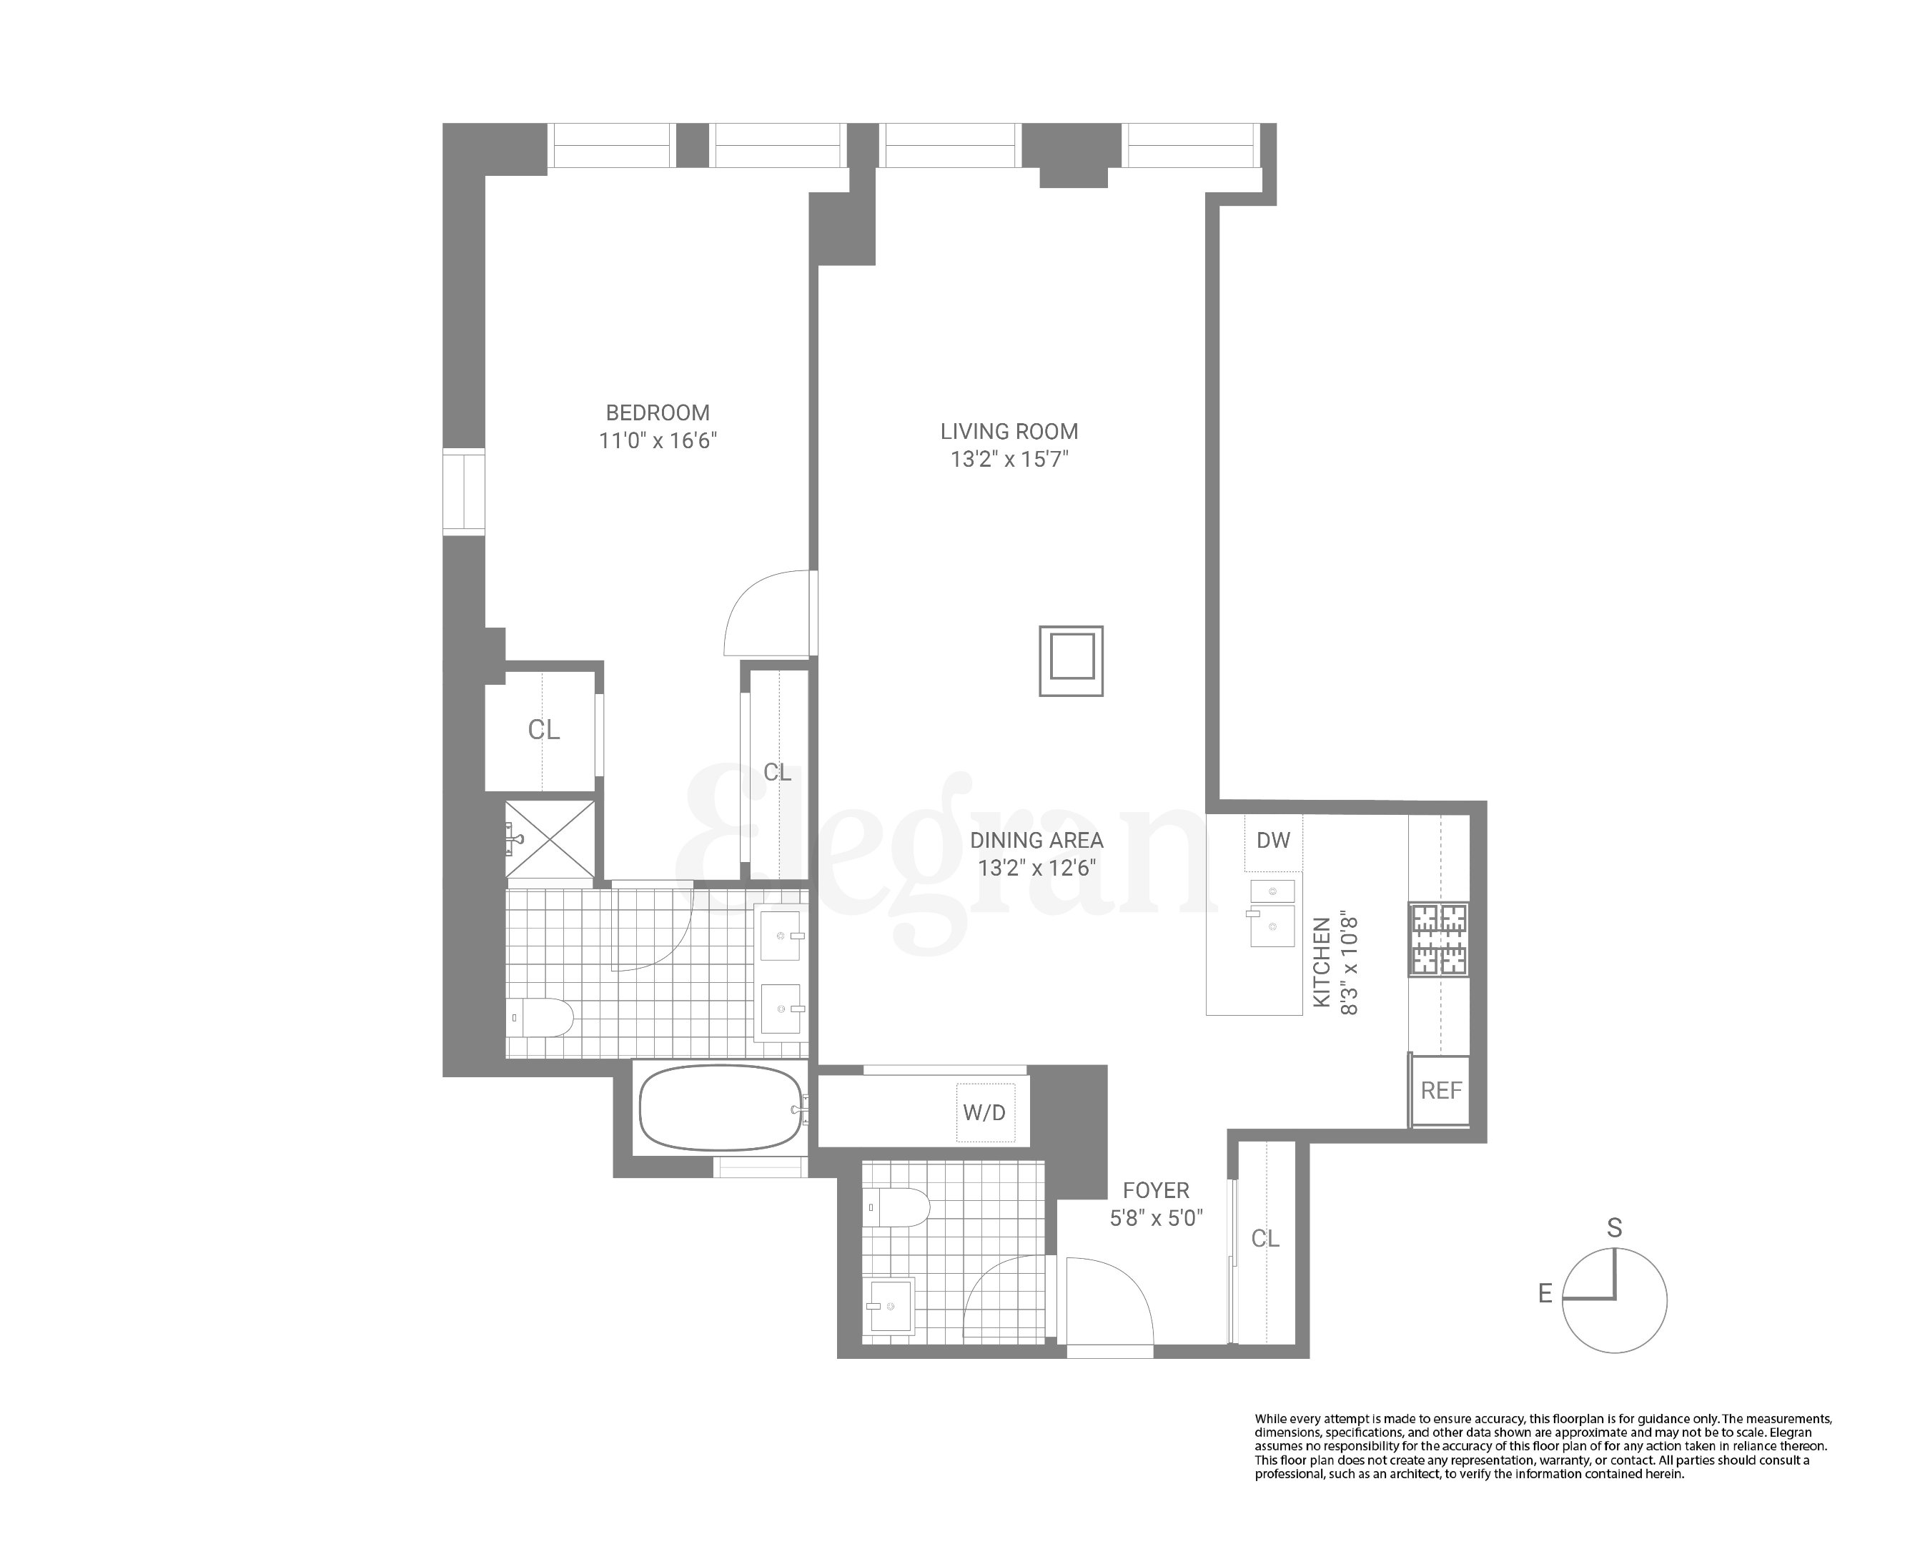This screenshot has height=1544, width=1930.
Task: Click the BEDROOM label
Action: [657, 412]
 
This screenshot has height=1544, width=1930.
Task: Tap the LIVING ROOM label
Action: [1009, 432]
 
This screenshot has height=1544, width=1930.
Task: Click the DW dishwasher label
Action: [1273, 841]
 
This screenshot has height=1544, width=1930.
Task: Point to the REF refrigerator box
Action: [1440, 1090]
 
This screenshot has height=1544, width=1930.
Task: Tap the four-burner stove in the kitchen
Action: [1440, 940]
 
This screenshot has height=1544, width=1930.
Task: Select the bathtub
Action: [721, 1108]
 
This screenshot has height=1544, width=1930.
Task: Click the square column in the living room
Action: [1071, 660]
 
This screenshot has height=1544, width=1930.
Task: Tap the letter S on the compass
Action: [1614, 1227]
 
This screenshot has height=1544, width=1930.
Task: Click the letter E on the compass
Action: [1545, 1293]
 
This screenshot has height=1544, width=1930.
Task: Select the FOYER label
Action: [1156, 1190]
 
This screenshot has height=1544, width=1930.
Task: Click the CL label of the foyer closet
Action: [1265, 1239]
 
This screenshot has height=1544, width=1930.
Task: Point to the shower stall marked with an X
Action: [550, 840]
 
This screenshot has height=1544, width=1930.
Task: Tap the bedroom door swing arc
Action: [761, 614]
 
